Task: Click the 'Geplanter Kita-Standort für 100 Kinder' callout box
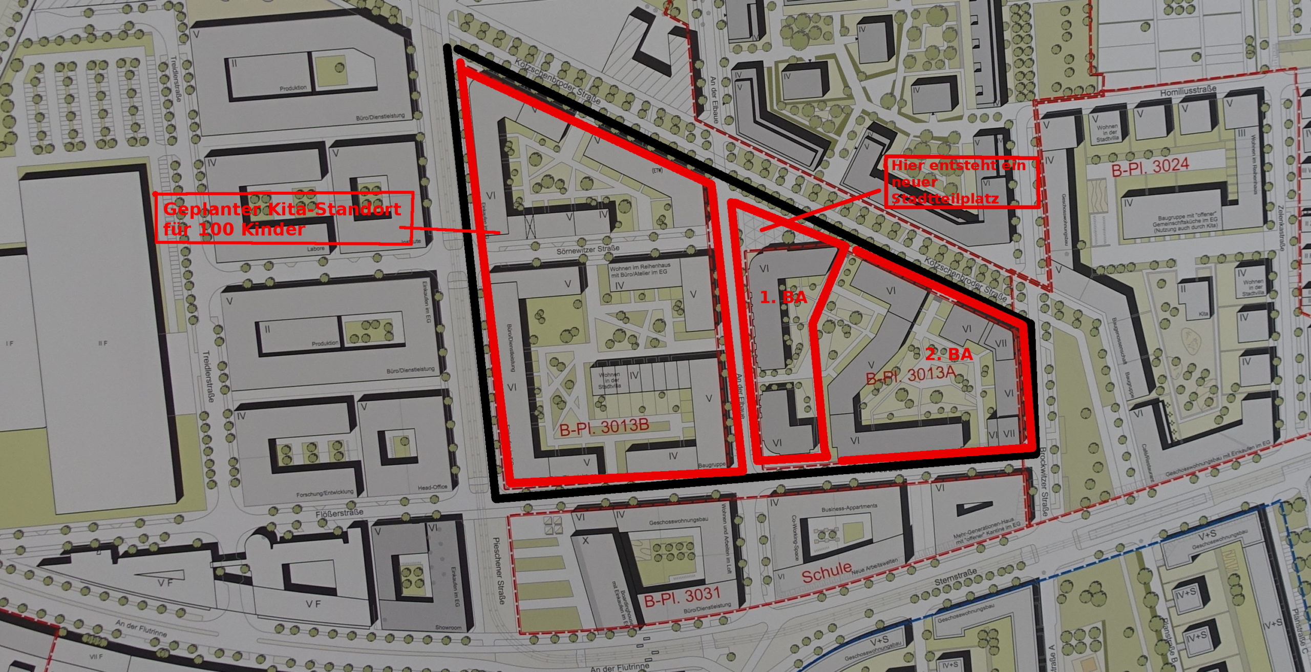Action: pos(284,218)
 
